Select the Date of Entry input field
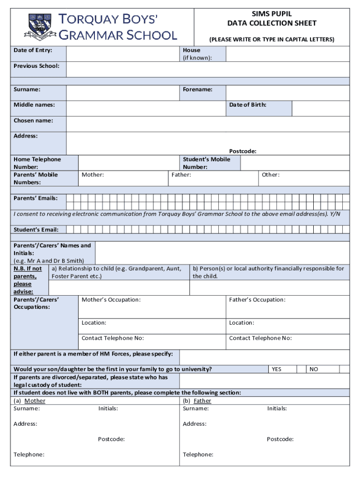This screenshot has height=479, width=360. pos(122,53)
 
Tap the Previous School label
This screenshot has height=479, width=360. pos(36,66)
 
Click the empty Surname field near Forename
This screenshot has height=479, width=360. pos(122,93)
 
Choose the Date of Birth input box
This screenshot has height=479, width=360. pos(320,108)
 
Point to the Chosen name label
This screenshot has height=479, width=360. pos(33,121)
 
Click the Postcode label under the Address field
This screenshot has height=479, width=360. pos(242,151)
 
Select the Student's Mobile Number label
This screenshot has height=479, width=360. pos(206,163)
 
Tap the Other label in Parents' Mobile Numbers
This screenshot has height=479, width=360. pos(271,175)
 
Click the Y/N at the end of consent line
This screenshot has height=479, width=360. pos(335,214)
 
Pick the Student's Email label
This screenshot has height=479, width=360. pos(36,230)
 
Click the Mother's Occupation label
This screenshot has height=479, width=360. pos(111,300)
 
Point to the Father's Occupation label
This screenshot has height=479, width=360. pos(257,300)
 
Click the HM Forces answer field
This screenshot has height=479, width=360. pos(264,357)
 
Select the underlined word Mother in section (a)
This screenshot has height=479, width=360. pos(35,401)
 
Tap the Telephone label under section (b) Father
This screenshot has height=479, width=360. pos(198,455)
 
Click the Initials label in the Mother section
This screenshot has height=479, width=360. pos(108,409)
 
